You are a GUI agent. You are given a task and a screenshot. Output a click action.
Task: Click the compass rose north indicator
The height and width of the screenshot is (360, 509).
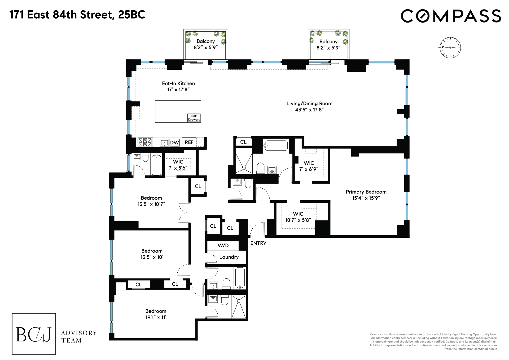tap(442, 47)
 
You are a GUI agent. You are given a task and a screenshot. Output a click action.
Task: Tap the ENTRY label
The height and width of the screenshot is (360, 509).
tap(258, 243)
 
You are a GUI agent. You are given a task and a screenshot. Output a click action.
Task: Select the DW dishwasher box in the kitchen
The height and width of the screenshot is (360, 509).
tap(174, 142)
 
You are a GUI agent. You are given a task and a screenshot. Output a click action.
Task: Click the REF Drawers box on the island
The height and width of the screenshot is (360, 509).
tap(194, 118)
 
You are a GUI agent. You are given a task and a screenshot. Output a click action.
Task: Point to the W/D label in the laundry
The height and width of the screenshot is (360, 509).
tap(223, 245)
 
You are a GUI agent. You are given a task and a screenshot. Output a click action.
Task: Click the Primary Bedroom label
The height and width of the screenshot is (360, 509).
tap(366, 192)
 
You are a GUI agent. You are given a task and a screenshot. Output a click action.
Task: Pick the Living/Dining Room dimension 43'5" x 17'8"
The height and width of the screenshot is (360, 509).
tap(309, 110)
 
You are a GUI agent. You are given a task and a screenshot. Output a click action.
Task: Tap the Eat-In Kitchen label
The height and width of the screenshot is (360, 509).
tap(178, 83)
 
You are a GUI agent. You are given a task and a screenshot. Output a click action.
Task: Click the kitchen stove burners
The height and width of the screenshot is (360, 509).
tap(145, 142)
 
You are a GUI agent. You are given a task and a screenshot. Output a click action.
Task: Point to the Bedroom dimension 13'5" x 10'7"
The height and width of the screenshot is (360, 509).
tap(151, 204)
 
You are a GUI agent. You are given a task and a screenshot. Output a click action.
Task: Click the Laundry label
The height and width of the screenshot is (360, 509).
tap(229, 257)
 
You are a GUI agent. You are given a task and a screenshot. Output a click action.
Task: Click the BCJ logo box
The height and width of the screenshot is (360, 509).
tap(34, 334)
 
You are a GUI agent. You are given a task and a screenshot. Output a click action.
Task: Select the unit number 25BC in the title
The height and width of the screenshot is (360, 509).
tap(132, 15)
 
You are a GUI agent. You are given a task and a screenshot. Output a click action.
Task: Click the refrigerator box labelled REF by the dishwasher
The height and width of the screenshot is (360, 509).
tap(189, 142)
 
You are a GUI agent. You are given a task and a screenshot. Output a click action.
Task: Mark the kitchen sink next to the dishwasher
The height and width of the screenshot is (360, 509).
tap(164, 143)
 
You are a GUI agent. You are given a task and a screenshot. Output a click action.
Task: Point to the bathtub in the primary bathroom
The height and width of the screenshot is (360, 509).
tap(276, 146)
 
